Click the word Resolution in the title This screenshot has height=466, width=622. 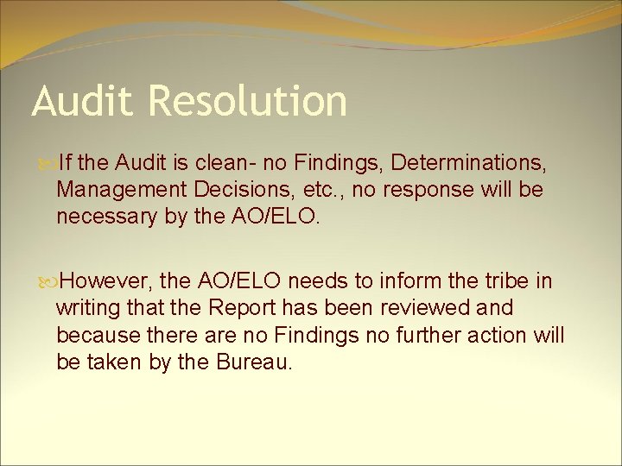pos(248,101)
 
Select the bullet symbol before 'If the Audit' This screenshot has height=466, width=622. pos(47,161)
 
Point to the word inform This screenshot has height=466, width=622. pos(415,281)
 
